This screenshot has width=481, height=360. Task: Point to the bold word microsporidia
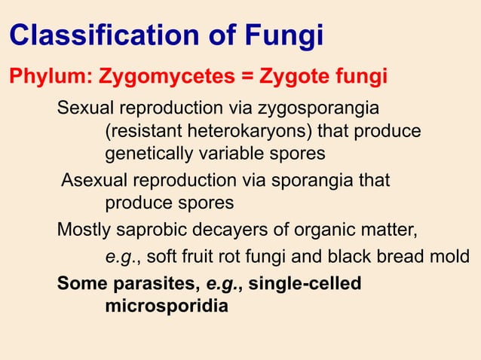165,307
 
